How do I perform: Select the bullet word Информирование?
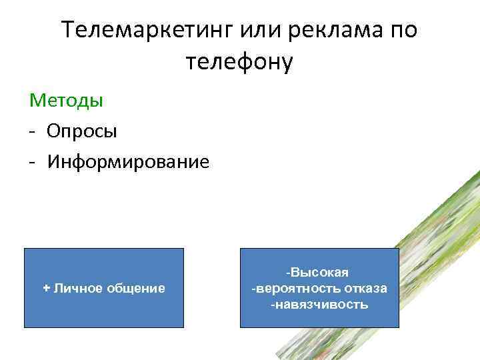coord(128,161)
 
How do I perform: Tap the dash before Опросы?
coord(32,131)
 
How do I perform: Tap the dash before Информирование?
coord(32,162)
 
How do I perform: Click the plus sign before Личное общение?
coord(46,288)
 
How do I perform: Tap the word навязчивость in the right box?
coord(321,304)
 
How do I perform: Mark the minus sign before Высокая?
coord(287,273)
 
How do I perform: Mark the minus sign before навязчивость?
coord(272,304)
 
